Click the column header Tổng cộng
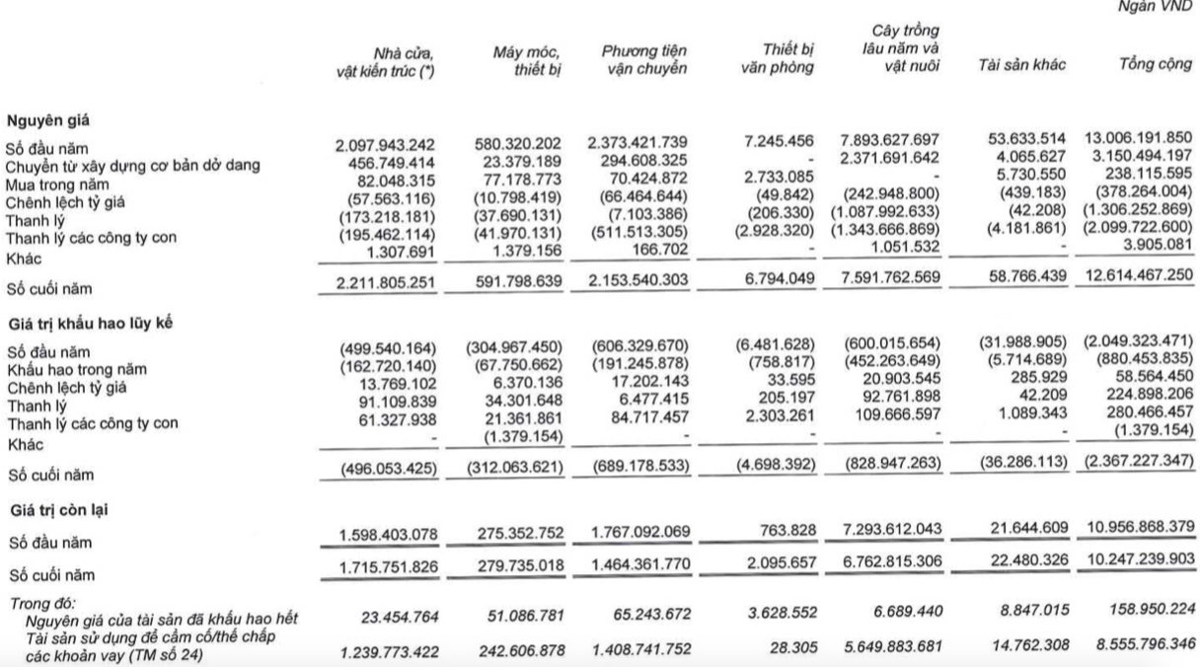click(1152, 66)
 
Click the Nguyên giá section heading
click(46, 120)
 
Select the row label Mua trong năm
click(55, 184)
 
